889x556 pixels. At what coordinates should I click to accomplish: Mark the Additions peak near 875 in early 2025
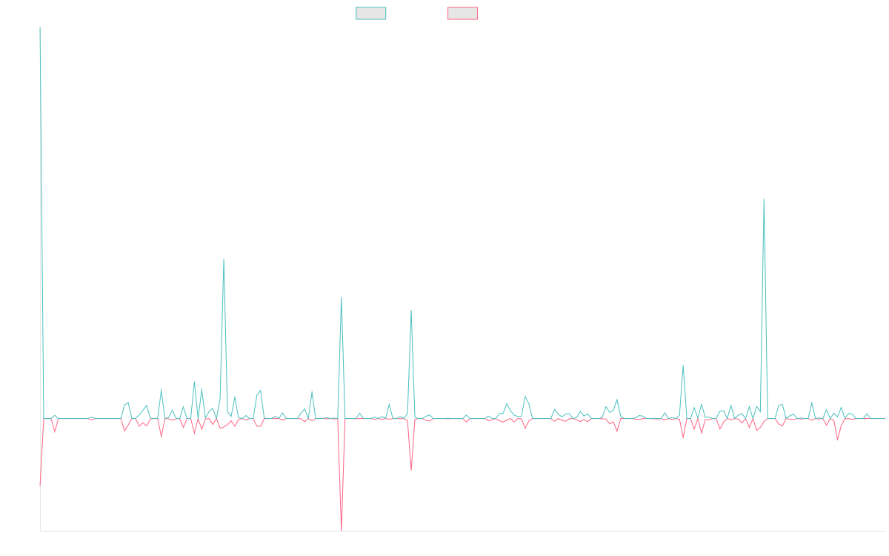click(x=763, y=199)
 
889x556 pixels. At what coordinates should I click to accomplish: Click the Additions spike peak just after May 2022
click(x=223, y=259)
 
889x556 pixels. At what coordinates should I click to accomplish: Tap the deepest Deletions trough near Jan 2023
click(x=342, y=529)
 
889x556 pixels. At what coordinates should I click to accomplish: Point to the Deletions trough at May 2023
click(x=411, y=469)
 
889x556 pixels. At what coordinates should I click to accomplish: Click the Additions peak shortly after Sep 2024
click(x=683, y=365)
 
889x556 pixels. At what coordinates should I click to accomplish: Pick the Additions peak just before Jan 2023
click(x=341, y=297)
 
